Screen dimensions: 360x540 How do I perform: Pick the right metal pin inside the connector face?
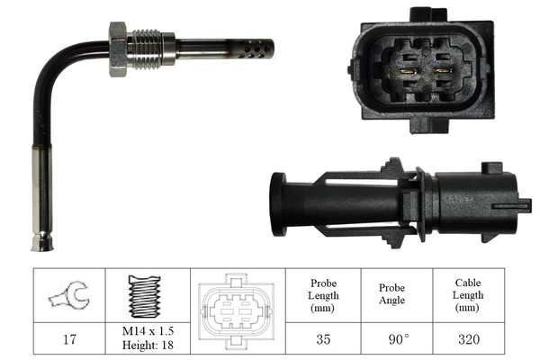click(x=442, y=69)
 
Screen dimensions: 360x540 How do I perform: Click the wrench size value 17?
click(x=70, y=341)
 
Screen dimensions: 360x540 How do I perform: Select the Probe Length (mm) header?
click(x=324, y=296)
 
